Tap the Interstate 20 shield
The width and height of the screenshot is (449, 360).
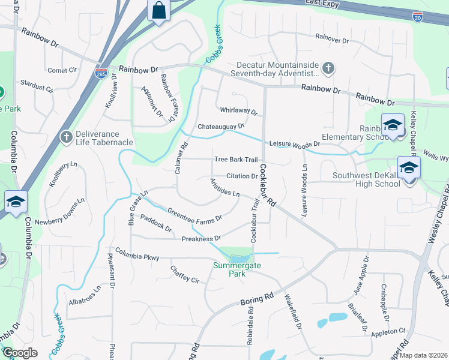pos(418,18)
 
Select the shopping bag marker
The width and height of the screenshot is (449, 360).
pos(158,11)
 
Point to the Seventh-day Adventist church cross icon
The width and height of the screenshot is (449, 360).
pos(328,68)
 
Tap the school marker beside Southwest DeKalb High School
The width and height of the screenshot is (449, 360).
pos(409,168)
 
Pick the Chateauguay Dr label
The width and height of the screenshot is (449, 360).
pos(221,127)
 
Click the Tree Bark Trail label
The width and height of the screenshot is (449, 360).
pos(236,160)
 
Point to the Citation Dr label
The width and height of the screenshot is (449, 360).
pos(242,176)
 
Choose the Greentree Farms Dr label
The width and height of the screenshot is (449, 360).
pos(194,214)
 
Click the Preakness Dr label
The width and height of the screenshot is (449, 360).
pos(201,239)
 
